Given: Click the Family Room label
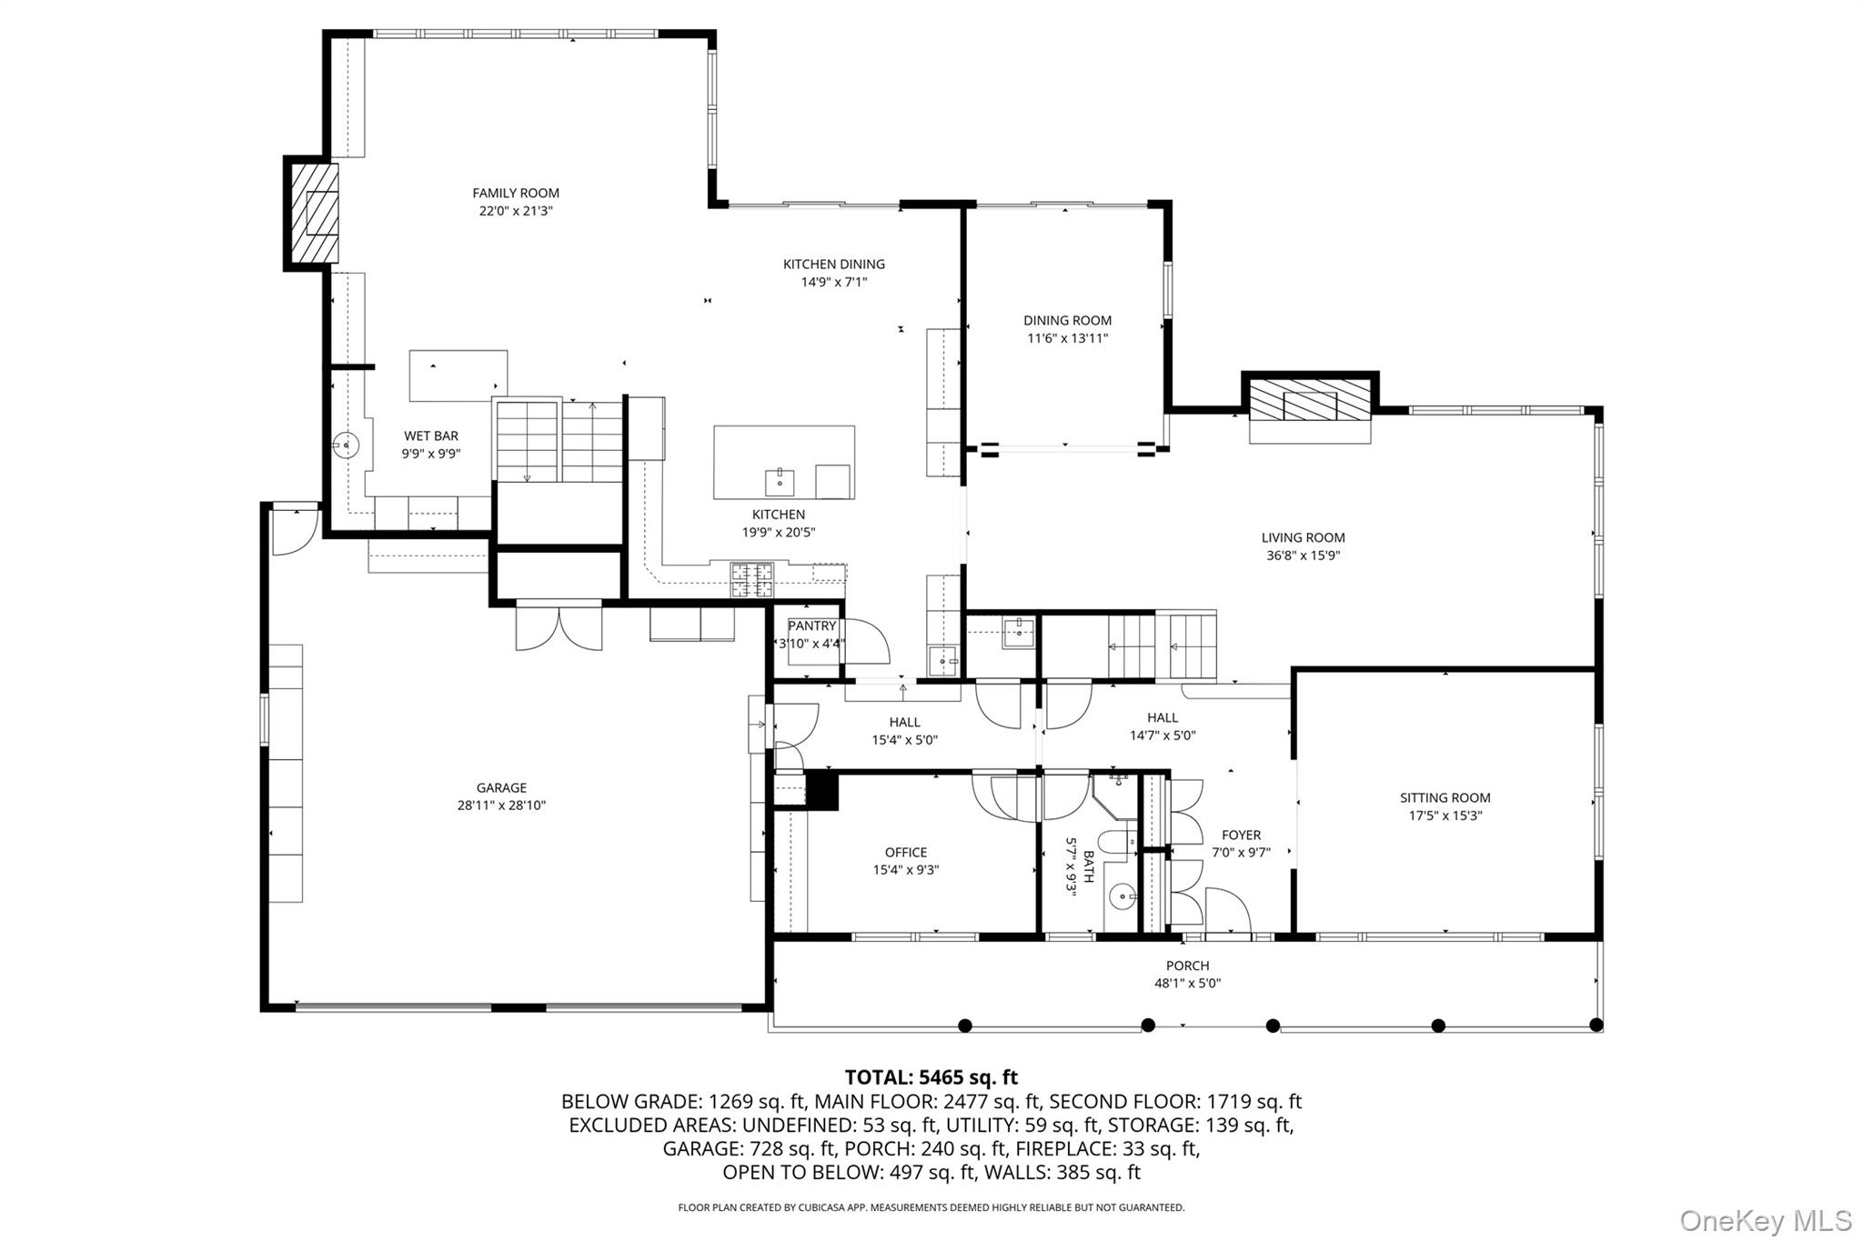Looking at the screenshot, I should click(515, 193).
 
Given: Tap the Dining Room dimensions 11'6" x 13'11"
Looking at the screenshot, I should click(1067, 338).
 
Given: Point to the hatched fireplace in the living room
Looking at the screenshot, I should click(1309, 400).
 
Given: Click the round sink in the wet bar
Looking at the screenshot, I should click(346, 445).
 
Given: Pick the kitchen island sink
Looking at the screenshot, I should click(780, 481).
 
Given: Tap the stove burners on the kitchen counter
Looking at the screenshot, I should click(752, 580).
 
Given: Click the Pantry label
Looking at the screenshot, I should click(811, 626).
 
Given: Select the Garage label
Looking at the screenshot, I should click(501, 787).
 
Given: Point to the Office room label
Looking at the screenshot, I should click(905, 852).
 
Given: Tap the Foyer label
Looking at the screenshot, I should click(1241, 835).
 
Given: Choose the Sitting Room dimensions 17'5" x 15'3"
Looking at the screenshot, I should click(1445, 816).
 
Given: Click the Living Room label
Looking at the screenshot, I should click(1303, 537).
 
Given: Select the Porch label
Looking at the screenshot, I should click(1187, 966).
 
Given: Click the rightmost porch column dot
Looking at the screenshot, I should click(1596, 1026).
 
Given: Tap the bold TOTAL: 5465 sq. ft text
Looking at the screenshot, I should click(931, 1077).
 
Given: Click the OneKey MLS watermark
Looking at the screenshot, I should click(1765, 1220).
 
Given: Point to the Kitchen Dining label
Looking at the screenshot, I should click(833, 264).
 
